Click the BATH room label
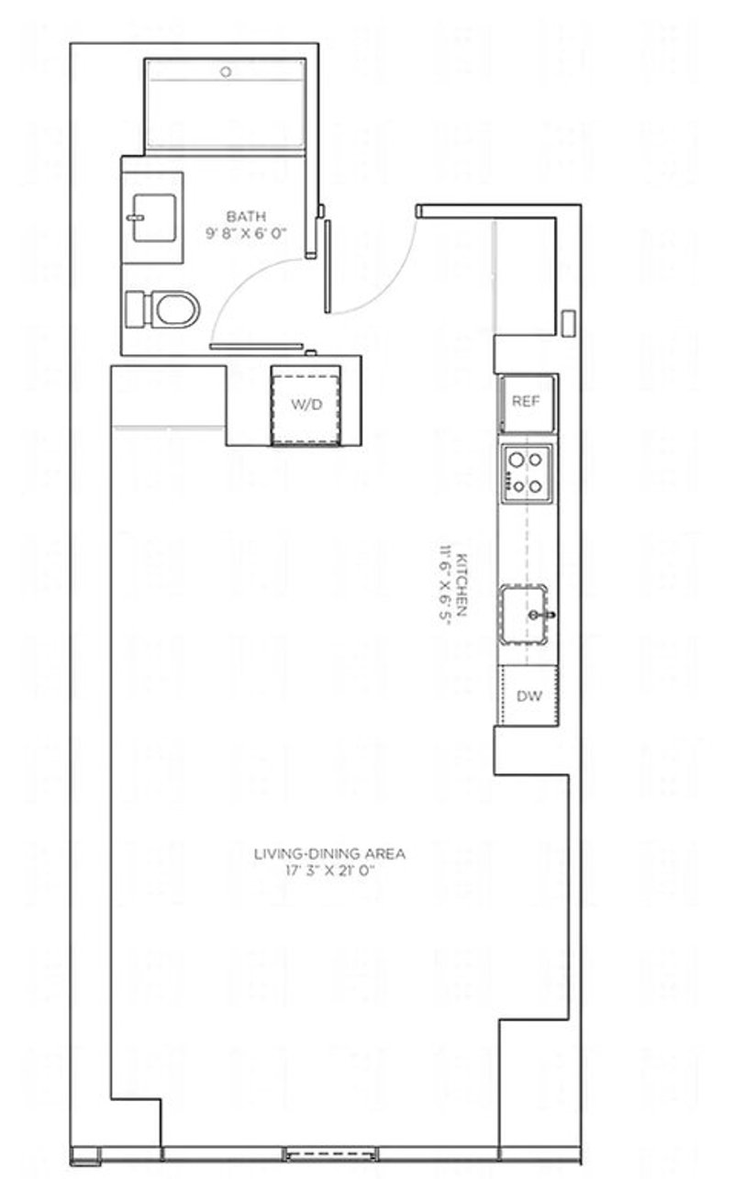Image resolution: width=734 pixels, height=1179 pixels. (x=246, y=216)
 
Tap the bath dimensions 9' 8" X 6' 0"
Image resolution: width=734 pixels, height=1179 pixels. (x=246, y=233)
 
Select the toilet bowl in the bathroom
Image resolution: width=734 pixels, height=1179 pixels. (x=177, y=309)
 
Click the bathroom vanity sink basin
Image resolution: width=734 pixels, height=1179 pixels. (x=153, y=217)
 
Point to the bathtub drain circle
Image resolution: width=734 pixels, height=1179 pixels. (x=227, y=72)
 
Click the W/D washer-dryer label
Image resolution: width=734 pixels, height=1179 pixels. (x=306, y=405)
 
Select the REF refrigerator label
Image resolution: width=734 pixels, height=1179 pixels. (x=526, y=401)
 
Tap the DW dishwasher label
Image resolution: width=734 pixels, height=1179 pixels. (x=528, y=695)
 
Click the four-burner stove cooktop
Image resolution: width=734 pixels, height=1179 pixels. (x=527, y=473)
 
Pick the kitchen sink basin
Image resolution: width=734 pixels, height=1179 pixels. (x=524, y=614)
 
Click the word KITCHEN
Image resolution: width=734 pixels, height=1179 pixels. (x=462, y=584)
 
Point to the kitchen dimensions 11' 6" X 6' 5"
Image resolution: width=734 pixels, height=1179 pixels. (x=445, y=584)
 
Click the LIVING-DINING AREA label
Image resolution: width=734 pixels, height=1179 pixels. (x=329, y=853)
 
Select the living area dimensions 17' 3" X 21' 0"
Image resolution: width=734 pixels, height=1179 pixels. (x=329, y=870)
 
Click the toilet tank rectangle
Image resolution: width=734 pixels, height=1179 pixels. (x=135, y=309)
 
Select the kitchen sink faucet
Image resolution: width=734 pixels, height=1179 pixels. (x=542, y=614)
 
